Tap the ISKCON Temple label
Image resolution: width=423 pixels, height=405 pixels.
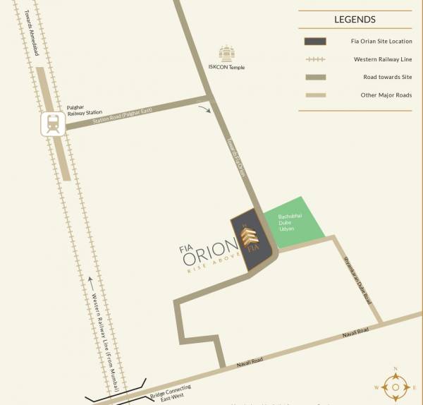[x=226, y=67]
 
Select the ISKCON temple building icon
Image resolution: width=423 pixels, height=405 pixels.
[x=226, y=53]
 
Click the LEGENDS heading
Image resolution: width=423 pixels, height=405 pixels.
[x=355, y=20]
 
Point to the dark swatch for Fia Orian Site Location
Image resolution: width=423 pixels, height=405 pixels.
[x=314, y=42]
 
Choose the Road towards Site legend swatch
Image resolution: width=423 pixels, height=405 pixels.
[x=314, y=77]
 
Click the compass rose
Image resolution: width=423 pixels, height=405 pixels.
[x=396, y=387]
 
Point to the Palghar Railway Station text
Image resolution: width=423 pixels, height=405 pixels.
[x=84, y=109]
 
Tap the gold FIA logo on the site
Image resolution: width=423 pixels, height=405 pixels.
[x=251, y=239]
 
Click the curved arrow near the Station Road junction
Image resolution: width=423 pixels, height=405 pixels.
[x=204, y=109]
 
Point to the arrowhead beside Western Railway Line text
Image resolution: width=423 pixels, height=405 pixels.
[x=90, y=281]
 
